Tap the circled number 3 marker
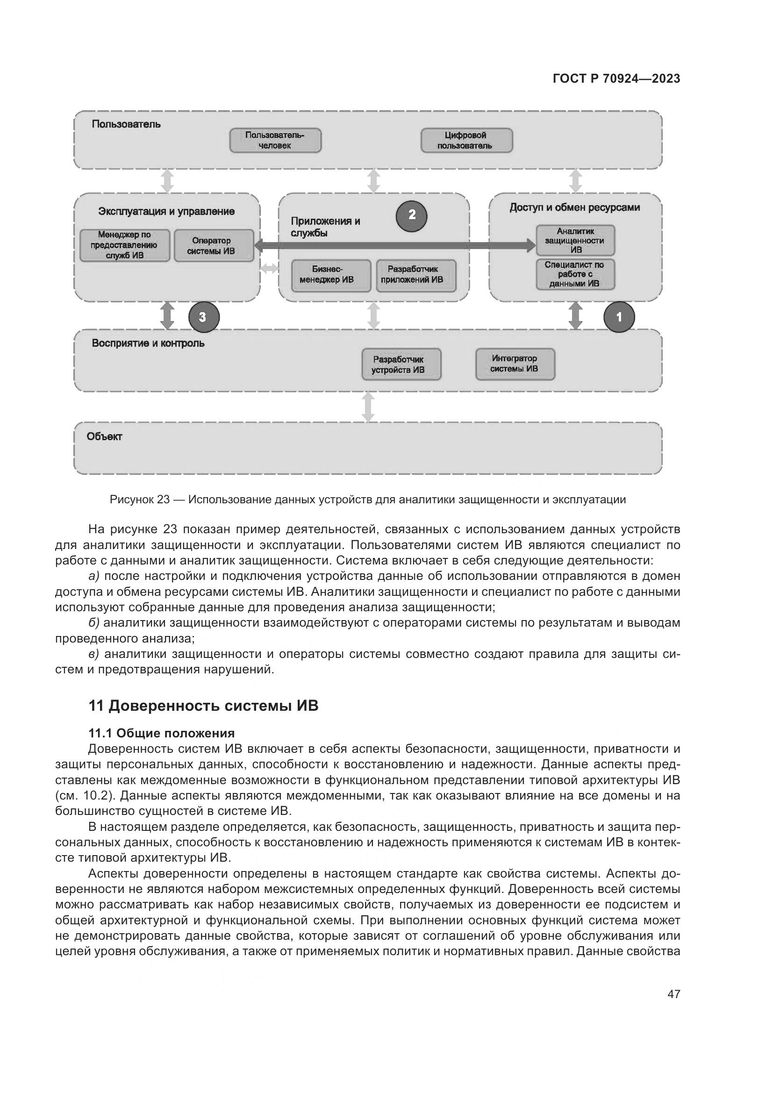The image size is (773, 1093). pyautogui.click(x=204, y=317)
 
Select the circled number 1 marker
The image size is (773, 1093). pyautogui.click(x=619, y=317)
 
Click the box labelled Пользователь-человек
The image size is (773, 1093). pyautogui.click(x=275, y=141)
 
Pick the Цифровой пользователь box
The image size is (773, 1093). pyautogui.click(x=466, y=141)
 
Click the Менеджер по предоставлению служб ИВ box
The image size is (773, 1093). pyautogui.click(x=125, y=246)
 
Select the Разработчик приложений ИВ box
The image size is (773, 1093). pyautogui.click(x=416, y=275)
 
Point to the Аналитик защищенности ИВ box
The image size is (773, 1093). pyautogui.click(x=575, y=240)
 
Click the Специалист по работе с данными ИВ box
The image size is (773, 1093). pyautogui.click(x=575, y=274)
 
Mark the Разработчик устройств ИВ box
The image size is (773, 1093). pyautogui.click(x=401, y=364)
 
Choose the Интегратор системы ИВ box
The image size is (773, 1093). pyautogui.click(x=515, y=364)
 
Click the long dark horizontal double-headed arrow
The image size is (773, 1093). pyautogui.click(x=395, y=246)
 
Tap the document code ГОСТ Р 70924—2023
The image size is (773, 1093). pyautogui.click(x=616, y=79)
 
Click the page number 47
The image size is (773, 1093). pyautogui.click(x=673, y=994)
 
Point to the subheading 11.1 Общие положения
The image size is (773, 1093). pyautogui.click(x=161, y=733)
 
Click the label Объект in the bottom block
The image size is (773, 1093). pyautogui.click(x=104, y=436)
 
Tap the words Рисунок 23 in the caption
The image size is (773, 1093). pyautogui.click(x=139, y=500)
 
